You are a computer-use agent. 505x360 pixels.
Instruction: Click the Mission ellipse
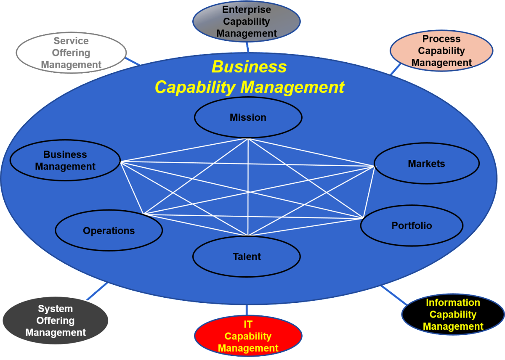tap(248, 117)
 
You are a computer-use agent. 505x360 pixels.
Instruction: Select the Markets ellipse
tap(426, 164)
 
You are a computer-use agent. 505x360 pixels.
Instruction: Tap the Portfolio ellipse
tap(412, 226)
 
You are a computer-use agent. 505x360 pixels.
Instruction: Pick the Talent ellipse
tap(247, 257)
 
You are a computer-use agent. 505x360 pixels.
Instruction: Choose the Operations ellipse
tap(109, 231)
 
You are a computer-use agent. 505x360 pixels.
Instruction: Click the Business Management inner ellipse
tap(65, 161)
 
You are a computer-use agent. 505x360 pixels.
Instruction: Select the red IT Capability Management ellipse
tap(248, 336)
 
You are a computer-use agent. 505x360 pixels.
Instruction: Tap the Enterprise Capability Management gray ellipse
tap(247, 21)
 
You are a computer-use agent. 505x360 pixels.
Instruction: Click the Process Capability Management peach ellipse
tap(441, 51)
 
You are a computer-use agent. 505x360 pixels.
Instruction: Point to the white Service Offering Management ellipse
tap(71, 53)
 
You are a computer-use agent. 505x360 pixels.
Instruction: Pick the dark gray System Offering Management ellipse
tap(55, 320)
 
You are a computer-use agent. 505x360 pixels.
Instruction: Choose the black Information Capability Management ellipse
tap(453, 315)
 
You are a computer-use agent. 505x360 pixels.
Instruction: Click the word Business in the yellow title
tap(249, 67)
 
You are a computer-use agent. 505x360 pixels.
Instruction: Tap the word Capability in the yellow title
tap(195, 87)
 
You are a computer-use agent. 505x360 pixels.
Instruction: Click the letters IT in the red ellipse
tap(248, 325)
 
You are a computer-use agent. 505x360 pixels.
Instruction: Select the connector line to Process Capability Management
tap(396, 69)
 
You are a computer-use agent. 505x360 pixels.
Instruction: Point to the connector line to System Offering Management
tap(96, 291)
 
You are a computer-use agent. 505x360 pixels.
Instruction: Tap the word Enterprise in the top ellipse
tap(247, 9)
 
